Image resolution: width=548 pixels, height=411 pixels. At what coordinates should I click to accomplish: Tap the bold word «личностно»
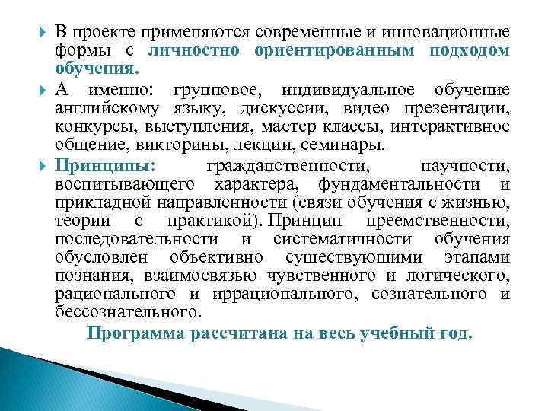pos(193,52)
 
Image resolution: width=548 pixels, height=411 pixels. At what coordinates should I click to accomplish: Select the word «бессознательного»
pos(128,312)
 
